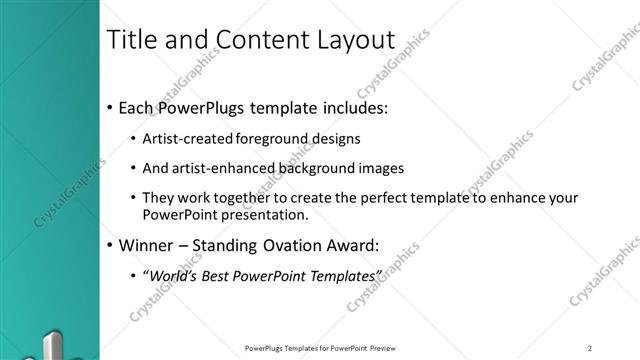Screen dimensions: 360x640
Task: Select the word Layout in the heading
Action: coord(354,41)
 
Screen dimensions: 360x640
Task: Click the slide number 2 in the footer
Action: coord(590,347)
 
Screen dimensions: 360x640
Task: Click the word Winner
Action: coord(145,244)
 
